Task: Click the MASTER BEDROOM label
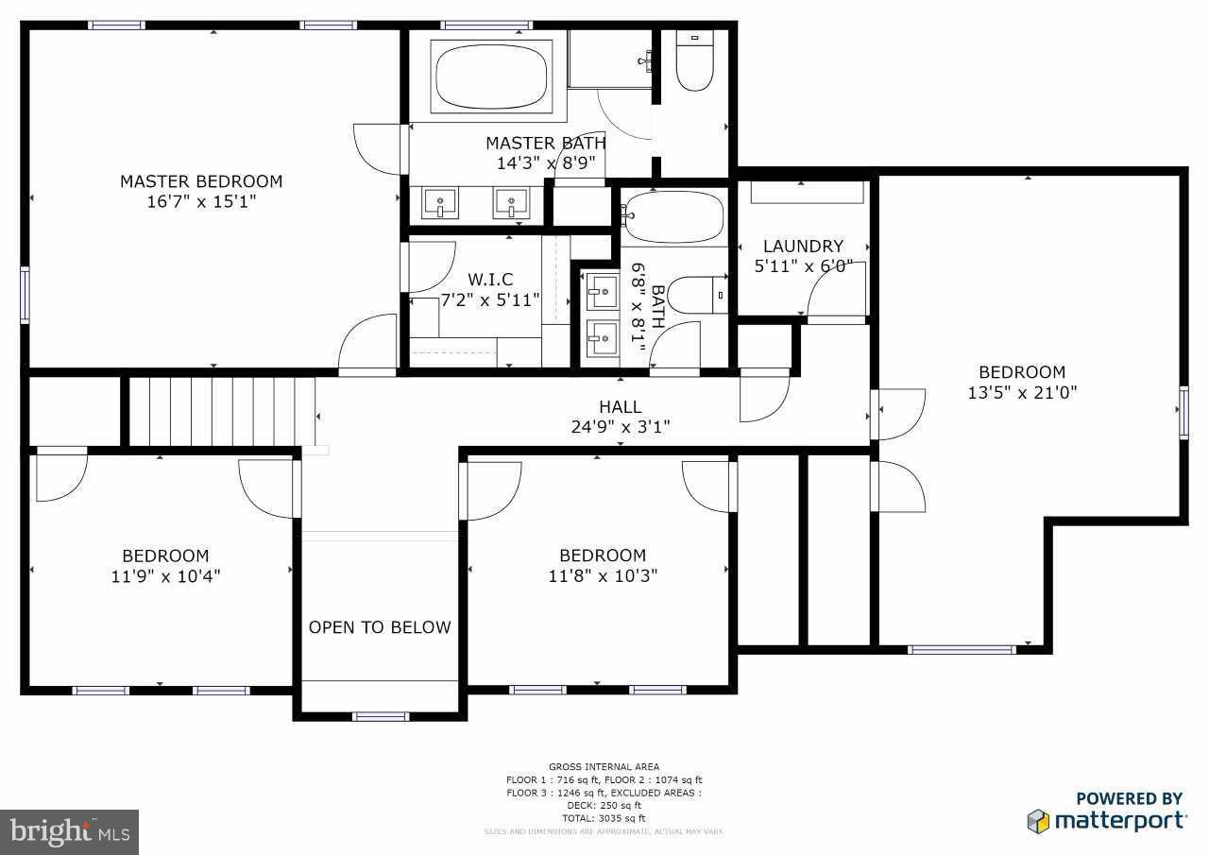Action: pyautogui.click(x=201, y=181)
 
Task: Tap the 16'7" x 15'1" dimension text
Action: pyautogui.click(x=201, y=202)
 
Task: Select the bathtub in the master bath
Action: pyautogui.click(x=490, y=75)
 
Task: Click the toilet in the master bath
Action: pyautogui.click(x=695, y=62)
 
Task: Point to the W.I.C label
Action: pyautogui.click(x=490, y=280)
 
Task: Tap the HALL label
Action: pyautogui.click(x=620, y=407)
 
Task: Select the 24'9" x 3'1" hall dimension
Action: pyautogui.click(x=620, y=427)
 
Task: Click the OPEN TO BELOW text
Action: pyautogui.click(x=380, y=627)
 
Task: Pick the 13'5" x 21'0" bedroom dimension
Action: pyautogui.click(x=1022, y=392)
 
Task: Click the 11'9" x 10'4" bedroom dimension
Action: pyautogui.click(x=165, y=575)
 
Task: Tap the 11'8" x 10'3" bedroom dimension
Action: pyautogui.click(x=603, y=575)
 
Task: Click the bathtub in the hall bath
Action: pyautogui.click(x=673, y=216)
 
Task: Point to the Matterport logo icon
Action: pyautogui.click(x=1038, y=820)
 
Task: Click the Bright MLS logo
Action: pyautogui.click(x=70, y=831)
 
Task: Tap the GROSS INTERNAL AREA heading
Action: pyautogui.click(x=604, y=766)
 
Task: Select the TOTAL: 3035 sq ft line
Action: pyautogui.click(x=604, y=818)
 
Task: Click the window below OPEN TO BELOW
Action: pyautogui.click(x=380, y=716)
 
